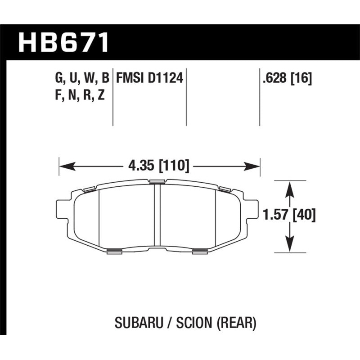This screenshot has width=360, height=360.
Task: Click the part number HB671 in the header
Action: pyautogui.click(x=63, y=43)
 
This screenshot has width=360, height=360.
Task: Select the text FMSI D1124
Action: pyautogui.click(x=149, y=79)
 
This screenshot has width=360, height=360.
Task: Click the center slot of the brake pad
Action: pyautogui.click(x=157, y=216)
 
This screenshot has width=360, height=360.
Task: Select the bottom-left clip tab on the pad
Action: pyautogui.click(x=115, y=251)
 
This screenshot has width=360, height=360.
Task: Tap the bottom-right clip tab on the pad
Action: pyautogui.click(x=199, y=251)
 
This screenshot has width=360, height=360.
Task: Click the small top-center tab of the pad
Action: pyautogui.click(x=157, y=181)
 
